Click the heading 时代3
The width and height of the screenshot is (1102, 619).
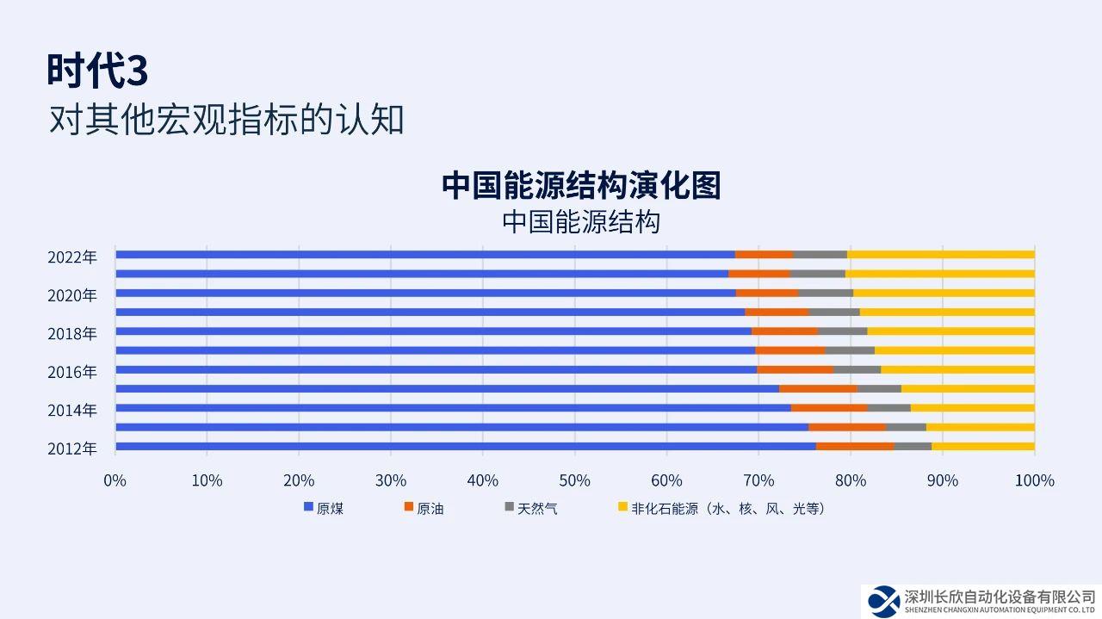coord(97,71)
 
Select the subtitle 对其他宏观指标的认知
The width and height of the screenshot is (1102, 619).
coord(226,120)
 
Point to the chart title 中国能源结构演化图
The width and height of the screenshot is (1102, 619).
coord(581,185)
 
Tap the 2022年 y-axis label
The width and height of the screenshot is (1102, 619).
coord(72,257)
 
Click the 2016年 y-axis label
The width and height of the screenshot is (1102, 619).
coord(72,372)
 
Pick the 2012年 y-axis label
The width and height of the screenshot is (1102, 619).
coord(72,449)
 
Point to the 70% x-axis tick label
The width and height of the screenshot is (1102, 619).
coord(758,480)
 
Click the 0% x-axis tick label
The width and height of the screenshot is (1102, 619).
coord(115,480)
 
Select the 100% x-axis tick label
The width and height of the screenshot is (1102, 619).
coord(1034,480)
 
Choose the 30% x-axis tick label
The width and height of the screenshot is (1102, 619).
coord(390,480)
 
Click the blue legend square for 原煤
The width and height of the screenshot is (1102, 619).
coord(308,508)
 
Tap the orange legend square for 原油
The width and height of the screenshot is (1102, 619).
coord(409,508)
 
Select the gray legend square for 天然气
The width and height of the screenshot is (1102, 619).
coord(509,508)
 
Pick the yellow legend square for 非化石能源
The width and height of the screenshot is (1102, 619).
coord(622,508)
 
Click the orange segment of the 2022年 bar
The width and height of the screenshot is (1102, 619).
coord(764,255)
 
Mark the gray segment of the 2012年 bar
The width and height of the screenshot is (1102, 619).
coord(913,446)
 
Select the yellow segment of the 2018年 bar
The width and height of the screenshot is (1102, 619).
coord(950,331)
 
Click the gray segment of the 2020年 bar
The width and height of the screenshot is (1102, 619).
coord(826,294)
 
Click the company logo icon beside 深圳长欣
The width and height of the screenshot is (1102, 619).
coord(882,599)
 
